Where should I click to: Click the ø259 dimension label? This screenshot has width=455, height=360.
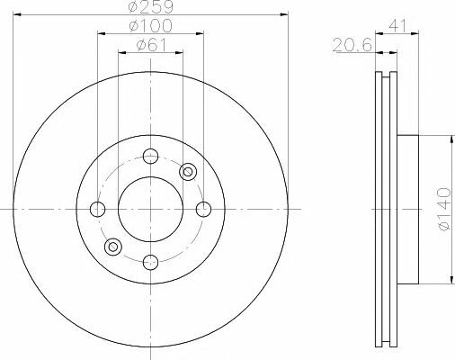coord(150,7)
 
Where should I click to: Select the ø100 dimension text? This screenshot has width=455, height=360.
coord(150,27)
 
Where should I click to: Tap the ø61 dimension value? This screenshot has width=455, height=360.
coord(150,46)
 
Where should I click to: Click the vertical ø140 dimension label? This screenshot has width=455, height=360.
coord(440,210)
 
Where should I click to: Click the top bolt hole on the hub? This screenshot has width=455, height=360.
coord(150,155)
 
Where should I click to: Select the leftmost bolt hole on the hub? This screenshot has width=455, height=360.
coord(97,209)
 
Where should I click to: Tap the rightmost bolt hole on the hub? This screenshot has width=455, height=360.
coord(203,209)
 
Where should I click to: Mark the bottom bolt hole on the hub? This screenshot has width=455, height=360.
coord(150,262)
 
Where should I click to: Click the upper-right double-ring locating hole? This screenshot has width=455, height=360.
coord(188,171)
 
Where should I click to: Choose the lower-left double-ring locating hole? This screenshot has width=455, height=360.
coord(112,246)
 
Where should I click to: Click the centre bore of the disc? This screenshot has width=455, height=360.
coord(150,209)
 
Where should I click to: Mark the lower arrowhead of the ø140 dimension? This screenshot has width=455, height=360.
coord(447,281)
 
